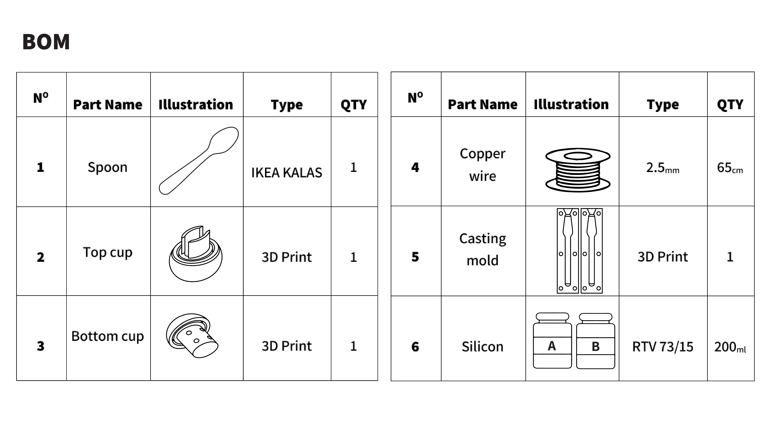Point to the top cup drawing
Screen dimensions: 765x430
pyautogui.click(x=195, y=254)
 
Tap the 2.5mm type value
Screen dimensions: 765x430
pyautogui.click(x=662, y=168)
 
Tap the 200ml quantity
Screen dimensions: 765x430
pyautogui.click(x=730, y=347)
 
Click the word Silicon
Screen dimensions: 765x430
pyautogui.click(x=483, y=347)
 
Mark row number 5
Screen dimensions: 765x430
pyautogui.click(x=415, y=257)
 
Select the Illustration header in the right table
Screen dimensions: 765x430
pyautogui.click(x=571, y=104)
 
